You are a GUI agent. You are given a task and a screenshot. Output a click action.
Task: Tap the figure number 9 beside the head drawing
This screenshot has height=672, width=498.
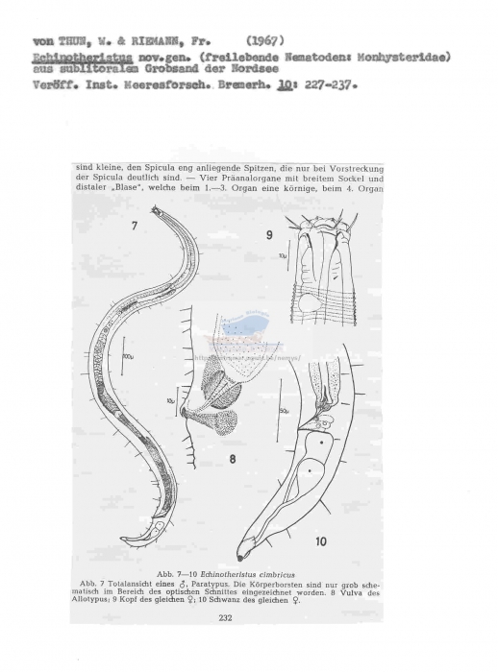point(269,233)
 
